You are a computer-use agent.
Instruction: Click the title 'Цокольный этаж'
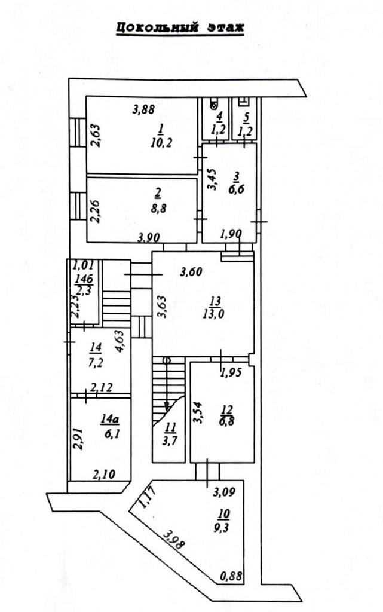[180, 27]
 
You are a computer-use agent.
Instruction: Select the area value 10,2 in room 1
[161, 142]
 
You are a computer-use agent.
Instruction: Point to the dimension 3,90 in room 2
[148, 237]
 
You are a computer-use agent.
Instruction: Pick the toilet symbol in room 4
[213, 104]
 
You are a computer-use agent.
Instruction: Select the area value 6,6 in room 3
[235, 191]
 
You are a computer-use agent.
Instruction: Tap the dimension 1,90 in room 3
[231, 234]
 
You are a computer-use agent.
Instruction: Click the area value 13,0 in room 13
[213, 313]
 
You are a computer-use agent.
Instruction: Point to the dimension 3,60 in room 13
[191, 271]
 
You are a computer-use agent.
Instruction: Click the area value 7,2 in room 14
[96, 363]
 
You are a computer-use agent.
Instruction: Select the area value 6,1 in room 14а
[109, 433]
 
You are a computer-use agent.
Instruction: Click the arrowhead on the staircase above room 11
[167, 406]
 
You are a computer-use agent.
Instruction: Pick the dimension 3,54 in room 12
[198, 413]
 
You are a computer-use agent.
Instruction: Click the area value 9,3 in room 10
[224, 528]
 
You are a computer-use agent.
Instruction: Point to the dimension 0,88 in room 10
[231, 576]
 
